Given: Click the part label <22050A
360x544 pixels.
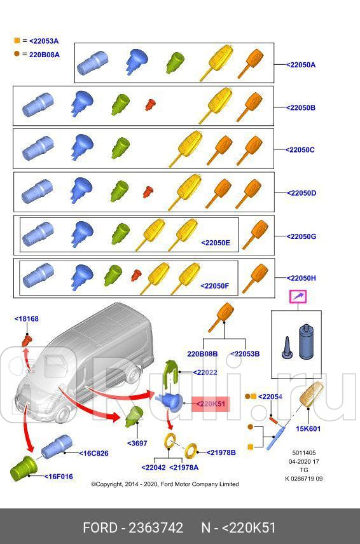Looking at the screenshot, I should coord(300,65).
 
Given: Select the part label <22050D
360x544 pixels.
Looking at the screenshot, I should coord(300,193).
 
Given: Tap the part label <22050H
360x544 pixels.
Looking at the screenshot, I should coord(300,278).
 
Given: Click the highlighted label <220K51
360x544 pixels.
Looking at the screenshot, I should coord(209,404).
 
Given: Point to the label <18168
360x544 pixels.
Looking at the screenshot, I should coord(27,319).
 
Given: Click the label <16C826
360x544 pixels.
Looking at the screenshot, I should coord(93,453).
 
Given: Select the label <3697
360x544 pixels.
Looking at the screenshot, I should coord(137,442).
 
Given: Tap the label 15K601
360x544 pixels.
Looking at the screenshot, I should coord(308,428).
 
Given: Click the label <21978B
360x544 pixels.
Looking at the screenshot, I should coord(221,452).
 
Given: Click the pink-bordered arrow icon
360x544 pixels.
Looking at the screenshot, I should coord(298,296).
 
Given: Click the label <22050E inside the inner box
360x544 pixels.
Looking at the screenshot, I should coord(215,243).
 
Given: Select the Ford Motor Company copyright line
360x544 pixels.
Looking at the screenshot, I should coord(165,484).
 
